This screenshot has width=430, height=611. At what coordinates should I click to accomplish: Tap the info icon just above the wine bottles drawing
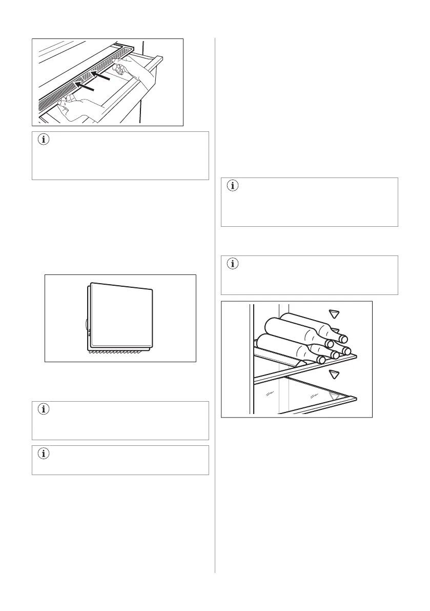pyautogui.click(x=233, y=265)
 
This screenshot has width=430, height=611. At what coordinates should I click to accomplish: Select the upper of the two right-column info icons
pyautogui.click(x=233, y=187)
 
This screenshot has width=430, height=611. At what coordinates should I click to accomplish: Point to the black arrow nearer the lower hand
pyautogui.click(x=85, y=86)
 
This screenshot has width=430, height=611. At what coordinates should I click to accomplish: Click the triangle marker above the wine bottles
pyautogui.click(x=334, y=313)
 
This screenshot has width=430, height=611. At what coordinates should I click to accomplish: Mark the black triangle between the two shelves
pyautogui.click(x=334, y=373)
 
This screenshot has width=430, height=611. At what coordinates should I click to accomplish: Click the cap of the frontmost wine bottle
pyautogui.click(x=321, y=359)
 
